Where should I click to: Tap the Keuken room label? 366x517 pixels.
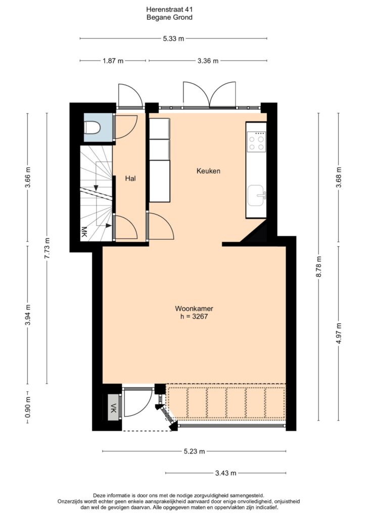(x=208, y=171)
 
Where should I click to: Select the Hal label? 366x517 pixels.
(x=130, y=178)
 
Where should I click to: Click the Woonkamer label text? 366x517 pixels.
(x=194, y=308)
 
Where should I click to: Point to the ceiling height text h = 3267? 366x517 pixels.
(x=194, y=317)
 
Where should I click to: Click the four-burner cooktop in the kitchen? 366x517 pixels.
(x=256, y=142)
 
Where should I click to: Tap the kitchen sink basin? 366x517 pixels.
(x=256, y=195)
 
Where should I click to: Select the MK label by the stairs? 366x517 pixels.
(x=84, y=232)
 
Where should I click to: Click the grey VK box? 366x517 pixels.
(x=114, y=407)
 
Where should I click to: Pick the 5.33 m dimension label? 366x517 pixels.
(x=173, y=38)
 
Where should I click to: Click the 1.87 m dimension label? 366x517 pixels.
(x=113, y=61)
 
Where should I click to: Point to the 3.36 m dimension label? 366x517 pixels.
(x=208, y=61)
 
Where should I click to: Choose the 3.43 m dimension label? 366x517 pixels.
(x=226, y=473)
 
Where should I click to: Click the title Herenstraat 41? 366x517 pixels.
(x=169, y=10)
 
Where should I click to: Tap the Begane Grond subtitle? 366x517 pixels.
(x=169, y=18)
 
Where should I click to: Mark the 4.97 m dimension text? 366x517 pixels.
(x=339, y=333)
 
